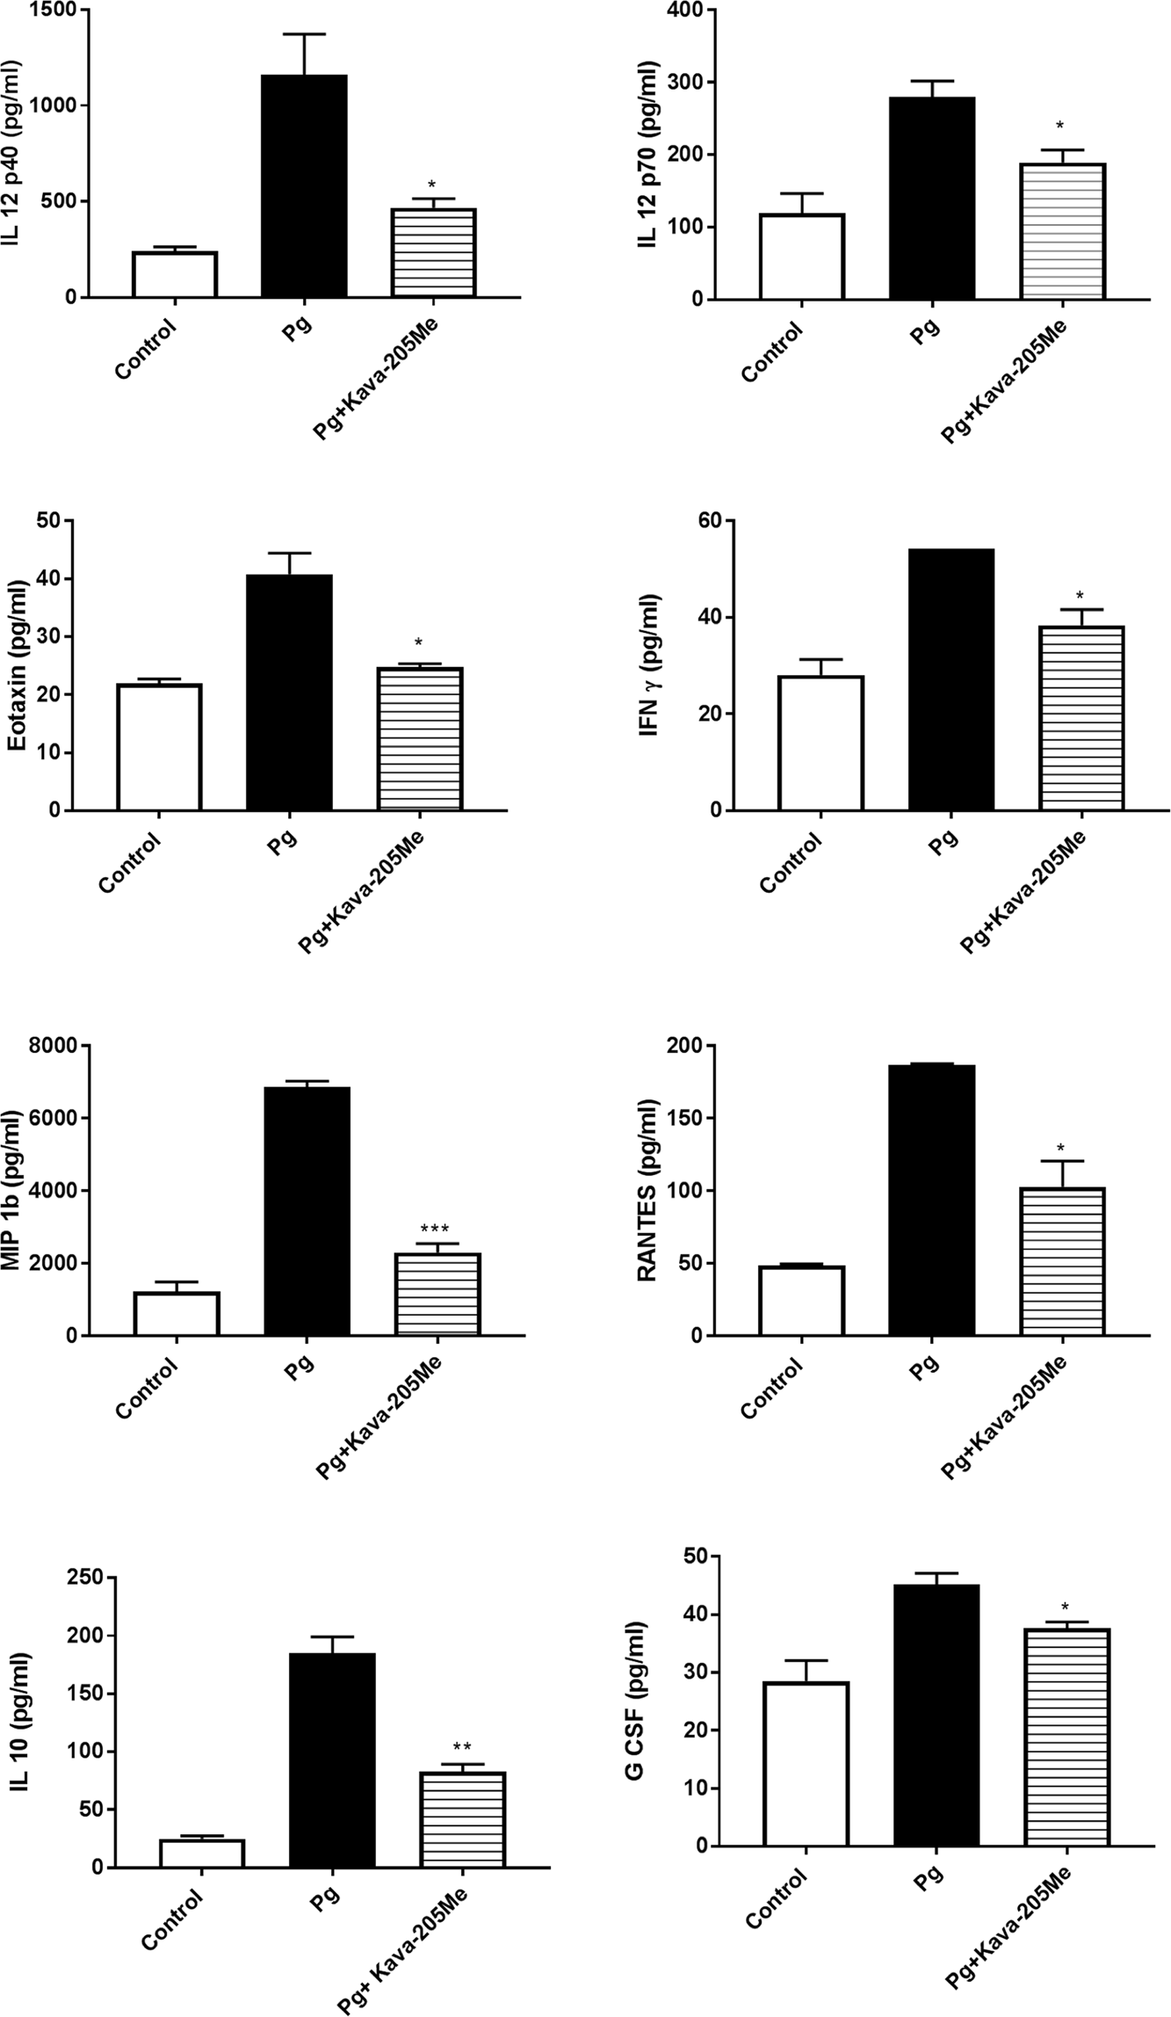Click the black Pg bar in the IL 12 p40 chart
[304, 186]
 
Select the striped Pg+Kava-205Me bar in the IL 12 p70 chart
[1061, 232]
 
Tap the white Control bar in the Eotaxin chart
[159, 747]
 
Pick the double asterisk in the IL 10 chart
[462, 1747]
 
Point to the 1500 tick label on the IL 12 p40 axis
[53, 11]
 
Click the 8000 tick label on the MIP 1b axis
[76, 1046]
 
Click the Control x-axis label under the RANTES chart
[772, 1389]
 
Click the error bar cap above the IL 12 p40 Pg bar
[304, 34]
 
